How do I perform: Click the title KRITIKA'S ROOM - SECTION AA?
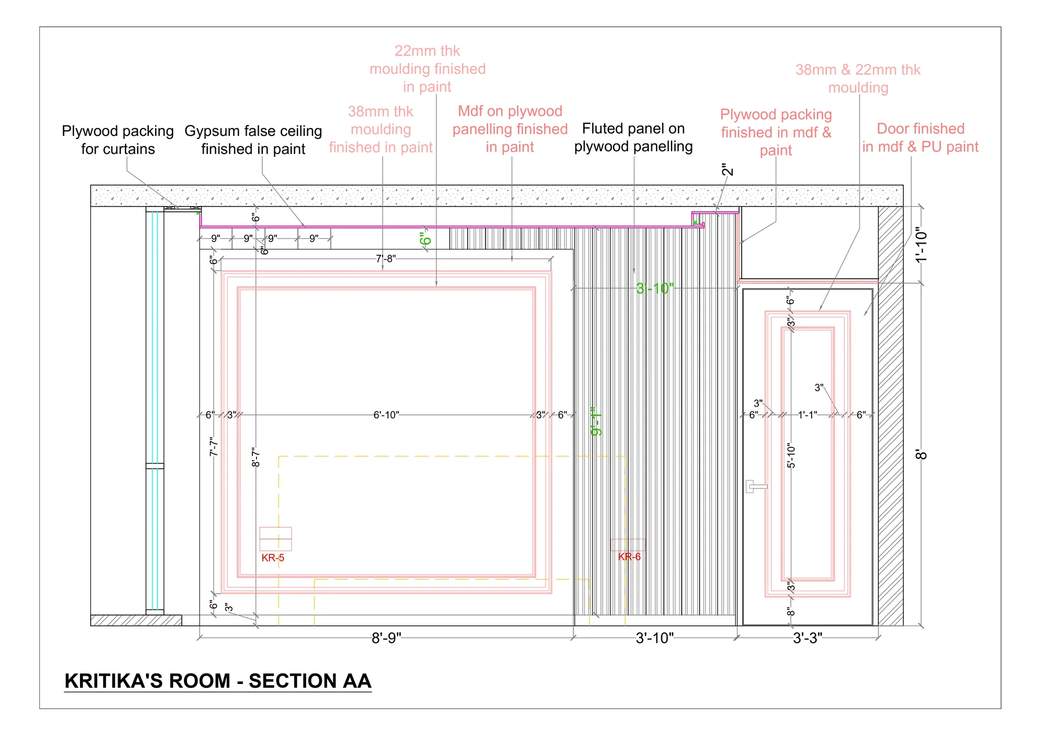(218, 680)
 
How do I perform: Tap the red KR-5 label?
(273, 558)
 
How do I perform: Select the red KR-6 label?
(629, 557)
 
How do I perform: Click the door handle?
(755, 486)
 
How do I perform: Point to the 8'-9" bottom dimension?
(386, 638)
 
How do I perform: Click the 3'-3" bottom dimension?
(808, 638)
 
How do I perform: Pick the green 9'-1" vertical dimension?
(596, 421)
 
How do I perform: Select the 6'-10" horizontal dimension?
(386, 415)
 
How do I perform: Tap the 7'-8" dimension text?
(386, 259)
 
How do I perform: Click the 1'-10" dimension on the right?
(922, 245)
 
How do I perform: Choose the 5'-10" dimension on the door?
(791, 456)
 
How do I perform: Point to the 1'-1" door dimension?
(808, 415)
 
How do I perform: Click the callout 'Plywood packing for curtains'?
(118, 140)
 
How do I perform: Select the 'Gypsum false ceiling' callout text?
(254, 131)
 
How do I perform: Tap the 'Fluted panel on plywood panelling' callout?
(633, 137)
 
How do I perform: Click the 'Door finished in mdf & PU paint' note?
(920, 138)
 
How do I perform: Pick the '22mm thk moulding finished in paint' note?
(427, 69)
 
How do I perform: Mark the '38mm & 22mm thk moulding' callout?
(858, 79)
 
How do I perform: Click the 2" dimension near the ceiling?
(728, 170)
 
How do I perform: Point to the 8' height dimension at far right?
(922, 455)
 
